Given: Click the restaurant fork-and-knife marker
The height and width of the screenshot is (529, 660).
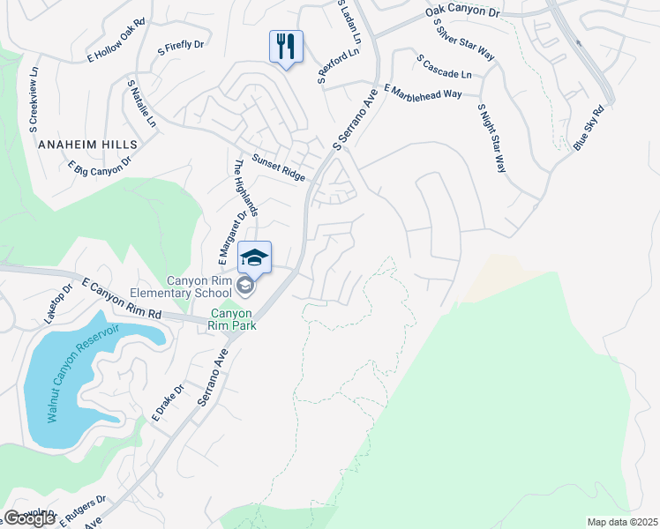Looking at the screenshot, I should pos(286,46).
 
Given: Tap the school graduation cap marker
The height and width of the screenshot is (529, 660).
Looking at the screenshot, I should pos(254,257).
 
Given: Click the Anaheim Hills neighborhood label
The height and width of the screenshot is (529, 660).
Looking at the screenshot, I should pos(87,144).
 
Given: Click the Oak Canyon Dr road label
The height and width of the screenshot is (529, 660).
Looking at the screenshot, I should pos(462,11).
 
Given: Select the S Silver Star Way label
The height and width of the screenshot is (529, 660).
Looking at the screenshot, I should pos(464,43).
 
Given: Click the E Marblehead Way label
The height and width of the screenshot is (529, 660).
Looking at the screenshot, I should pos(424,94).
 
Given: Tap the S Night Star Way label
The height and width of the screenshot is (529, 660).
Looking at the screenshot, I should pos(491,138).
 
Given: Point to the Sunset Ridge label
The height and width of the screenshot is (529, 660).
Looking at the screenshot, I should pos(279,168).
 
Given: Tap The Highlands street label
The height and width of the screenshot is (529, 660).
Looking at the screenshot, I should pos(245,187).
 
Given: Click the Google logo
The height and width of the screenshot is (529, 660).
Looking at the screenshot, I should pos(30,518).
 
